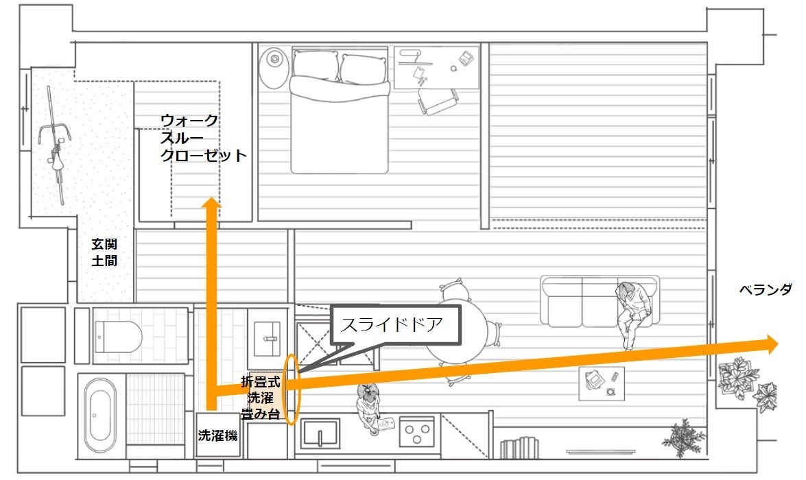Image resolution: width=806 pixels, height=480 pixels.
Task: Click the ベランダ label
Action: [x=765, y=290]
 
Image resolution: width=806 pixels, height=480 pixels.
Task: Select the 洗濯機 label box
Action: [x=217, y=435]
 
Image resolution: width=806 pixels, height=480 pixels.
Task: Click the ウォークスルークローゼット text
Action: [x=202, y=138]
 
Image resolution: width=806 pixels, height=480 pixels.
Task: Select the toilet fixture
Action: [x=121, y=335]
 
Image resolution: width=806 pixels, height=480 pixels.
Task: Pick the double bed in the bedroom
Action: [x=339, y=113]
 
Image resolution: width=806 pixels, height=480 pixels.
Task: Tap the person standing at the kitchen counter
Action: [x=370, y=407]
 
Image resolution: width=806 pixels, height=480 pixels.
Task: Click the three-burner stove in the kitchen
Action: [x=418, y=432]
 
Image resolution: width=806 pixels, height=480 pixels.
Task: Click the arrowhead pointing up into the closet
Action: [x=212, y=204]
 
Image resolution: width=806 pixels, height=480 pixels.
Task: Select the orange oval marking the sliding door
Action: [x=292, y=389]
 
